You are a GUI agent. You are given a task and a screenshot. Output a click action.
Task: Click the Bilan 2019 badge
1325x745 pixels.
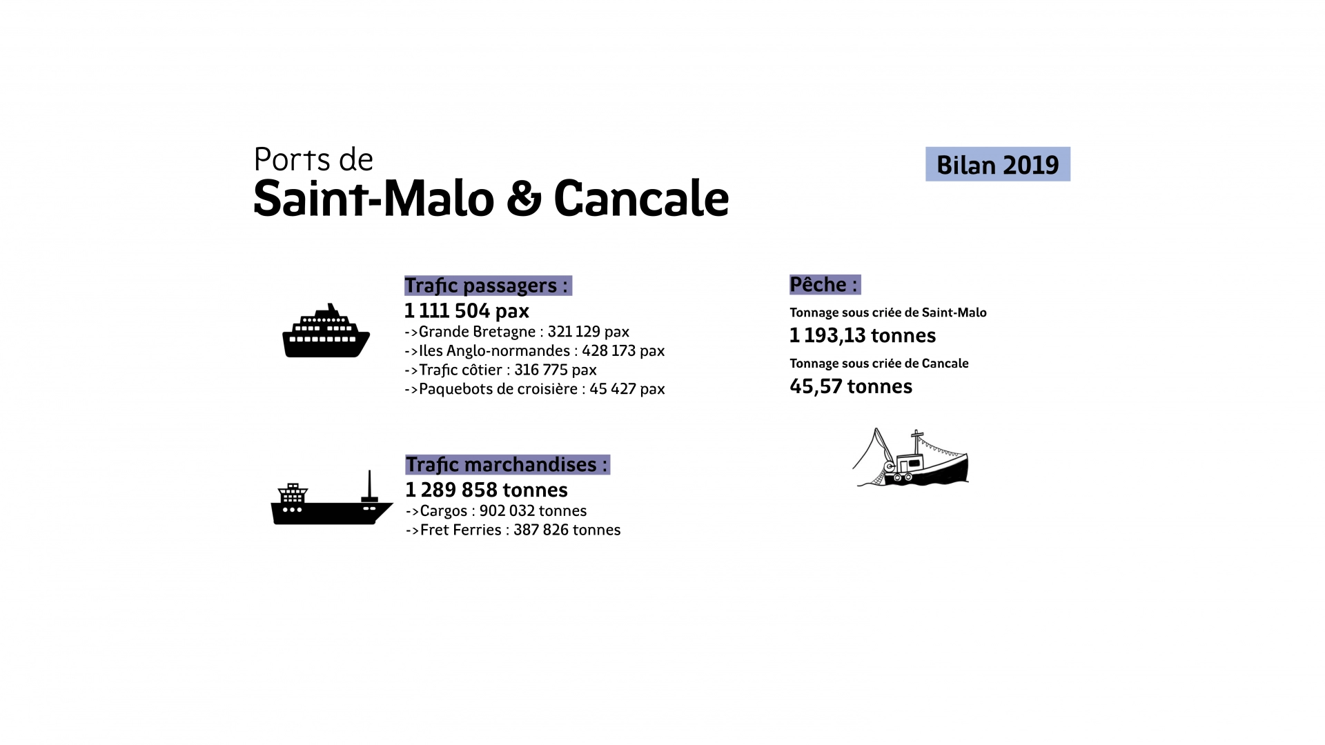tap(997, 164)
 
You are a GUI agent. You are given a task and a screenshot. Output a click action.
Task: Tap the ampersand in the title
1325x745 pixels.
tap(524, 199)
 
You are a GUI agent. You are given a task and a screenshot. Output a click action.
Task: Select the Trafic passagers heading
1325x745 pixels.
tap(487, 286)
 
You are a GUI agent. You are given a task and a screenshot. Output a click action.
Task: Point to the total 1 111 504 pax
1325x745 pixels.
tap(467, 310)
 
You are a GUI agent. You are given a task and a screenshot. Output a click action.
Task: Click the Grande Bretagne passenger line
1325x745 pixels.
tap(517, 332)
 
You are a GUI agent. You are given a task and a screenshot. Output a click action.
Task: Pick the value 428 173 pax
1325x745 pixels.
tap(623, 351)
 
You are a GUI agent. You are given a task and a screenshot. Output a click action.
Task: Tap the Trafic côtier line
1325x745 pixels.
tap(500, 370)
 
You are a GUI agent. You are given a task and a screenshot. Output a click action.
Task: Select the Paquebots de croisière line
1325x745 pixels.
tap(535, 389)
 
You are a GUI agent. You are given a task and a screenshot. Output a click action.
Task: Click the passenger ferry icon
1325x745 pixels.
tap(326, 332)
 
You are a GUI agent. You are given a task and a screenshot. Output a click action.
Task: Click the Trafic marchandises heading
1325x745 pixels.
tap(507, 465)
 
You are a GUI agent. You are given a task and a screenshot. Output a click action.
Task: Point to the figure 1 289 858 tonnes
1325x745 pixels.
tap(487, 490)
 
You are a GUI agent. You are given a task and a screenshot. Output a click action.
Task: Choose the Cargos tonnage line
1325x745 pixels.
tap(496, 511)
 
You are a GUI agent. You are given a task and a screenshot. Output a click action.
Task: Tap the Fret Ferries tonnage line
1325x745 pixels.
tap(513, 530)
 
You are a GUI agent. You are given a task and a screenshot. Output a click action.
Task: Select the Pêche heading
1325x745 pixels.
tap(824, 285)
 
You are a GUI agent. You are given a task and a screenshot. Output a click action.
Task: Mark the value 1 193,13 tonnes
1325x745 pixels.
tap(863, 336)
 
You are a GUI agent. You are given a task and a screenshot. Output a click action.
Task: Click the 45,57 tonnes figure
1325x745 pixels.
tap(851, 386)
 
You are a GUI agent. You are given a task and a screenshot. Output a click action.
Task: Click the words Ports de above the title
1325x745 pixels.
tap(313, 159)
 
